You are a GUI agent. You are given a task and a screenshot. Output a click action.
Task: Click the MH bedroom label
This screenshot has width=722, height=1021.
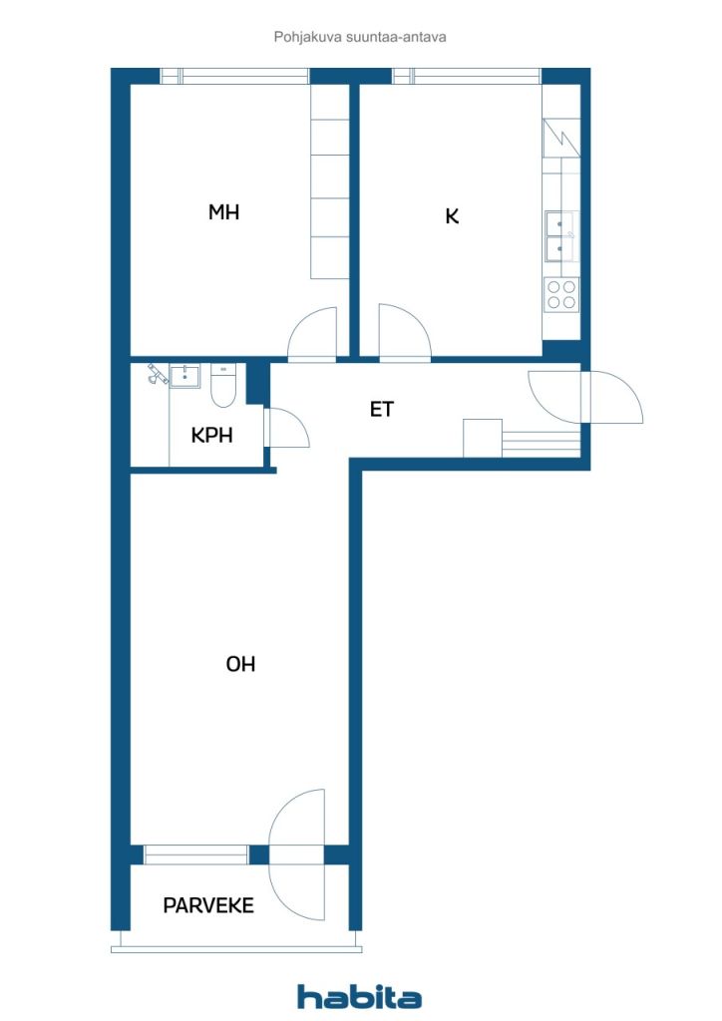pos(223,211)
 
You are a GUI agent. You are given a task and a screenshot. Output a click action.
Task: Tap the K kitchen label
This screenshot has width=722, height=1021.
pos(452,215)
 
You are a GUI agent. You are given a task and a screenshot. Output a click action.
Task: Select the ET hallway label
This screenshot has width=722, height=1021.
pos(382,409)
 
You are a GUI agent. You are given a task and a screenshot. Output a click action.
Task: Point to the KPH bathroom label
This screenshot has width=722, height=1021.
pos(211,435)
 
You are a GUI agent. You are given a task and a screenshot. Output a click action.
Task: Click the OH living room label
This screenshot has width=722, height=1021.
pos(240,664)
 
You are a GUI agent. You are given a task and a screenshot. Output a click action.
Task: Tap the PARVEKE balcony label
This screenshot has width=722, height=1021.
pos(208,905)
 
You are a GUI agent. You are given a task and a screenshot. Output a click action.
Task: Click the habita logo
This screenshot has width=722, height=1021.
pos(359,996)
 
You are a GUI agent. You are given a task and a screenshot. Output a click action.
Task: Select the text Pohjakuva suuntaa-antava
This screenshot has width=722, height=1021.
pos(360,37)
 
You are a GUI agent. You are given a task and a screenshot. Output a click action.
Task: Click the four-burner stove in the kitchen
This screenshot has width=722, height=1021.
pos(561,294)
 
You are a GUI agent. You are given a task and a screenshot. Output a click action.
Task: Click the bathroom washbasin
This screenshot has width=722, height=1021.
pos(184,376)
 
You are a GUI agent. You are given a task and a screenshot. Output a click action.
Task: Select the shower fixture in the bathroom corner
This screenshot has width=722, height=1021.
pos(157,373)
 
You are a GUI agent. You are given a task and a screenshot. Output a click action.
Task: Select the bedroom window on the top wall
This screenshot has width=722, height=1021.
pos(235,76)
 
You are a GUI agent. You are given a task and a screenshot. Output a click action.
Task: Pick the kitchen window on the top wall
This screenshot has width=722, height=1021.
pos(467,76)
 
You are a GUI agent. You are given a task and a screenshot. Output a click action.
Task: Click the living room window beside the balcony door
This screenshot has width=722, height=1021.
pos(196,854)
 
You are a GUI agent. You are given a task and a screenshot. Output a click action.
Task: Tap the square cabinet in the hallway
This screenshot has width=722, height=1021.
pos(483,439)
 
